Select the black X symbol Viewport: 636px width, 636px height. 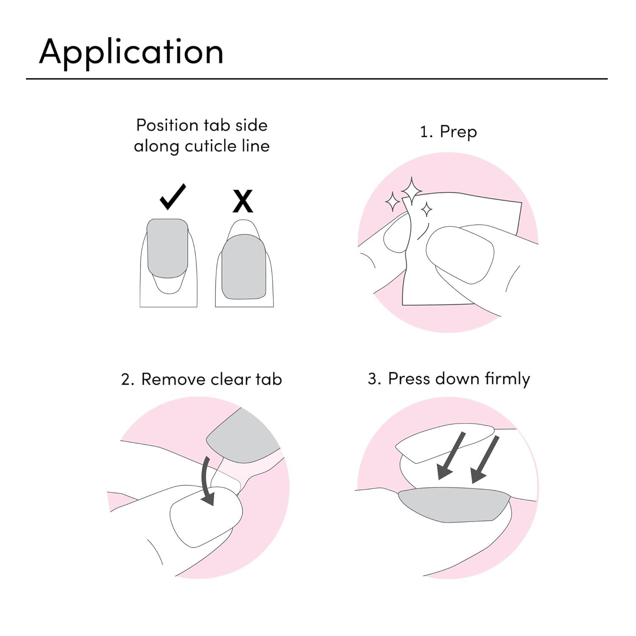click(x=243, y=201)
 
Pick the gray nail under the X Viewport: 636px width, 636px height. click(x=243, y=266)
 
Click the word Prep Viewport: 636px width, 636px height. click(x=458, y=132)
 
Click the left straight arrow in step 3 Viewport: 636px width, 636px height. click(x=451, y=456)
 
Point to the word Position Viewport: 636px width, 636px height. click(x=167, y=126)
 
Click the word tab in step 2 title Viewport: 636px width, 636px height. click(x=269, y=379)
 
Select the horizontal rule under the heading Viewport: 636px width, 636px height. click(x=317, y=78)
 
